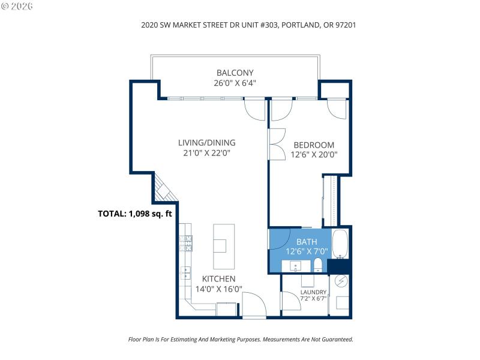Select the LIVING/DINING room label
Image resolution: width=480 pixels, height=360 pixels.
click(x=206, y=143)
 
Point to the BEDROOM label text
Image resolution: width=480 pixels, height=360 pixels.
click(x=313, y=145)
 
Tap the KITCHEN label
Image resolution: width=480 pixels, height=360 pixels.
click(x=218, y=279)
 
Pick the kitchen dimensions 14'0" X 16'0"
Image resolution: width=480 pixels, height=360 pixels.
click(x=218, y=289)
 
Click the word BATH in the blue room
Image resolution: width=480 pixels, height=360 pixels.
click(x=305, y=242)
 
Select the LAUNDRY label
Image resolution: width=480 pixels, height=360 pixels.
click(x=313, y=293)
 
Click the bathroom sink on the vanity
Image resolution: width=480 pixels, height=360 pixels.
click(x=296, y=265)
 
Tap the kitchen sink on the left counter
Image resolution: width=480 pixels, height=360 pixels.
click(x=185, y=273)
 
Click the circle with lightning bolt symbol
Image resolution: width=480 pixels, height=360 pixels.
click(x=341, y=281)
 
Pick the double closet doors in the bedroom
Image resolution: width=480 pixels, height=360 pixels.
click(x=277, y=144)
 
